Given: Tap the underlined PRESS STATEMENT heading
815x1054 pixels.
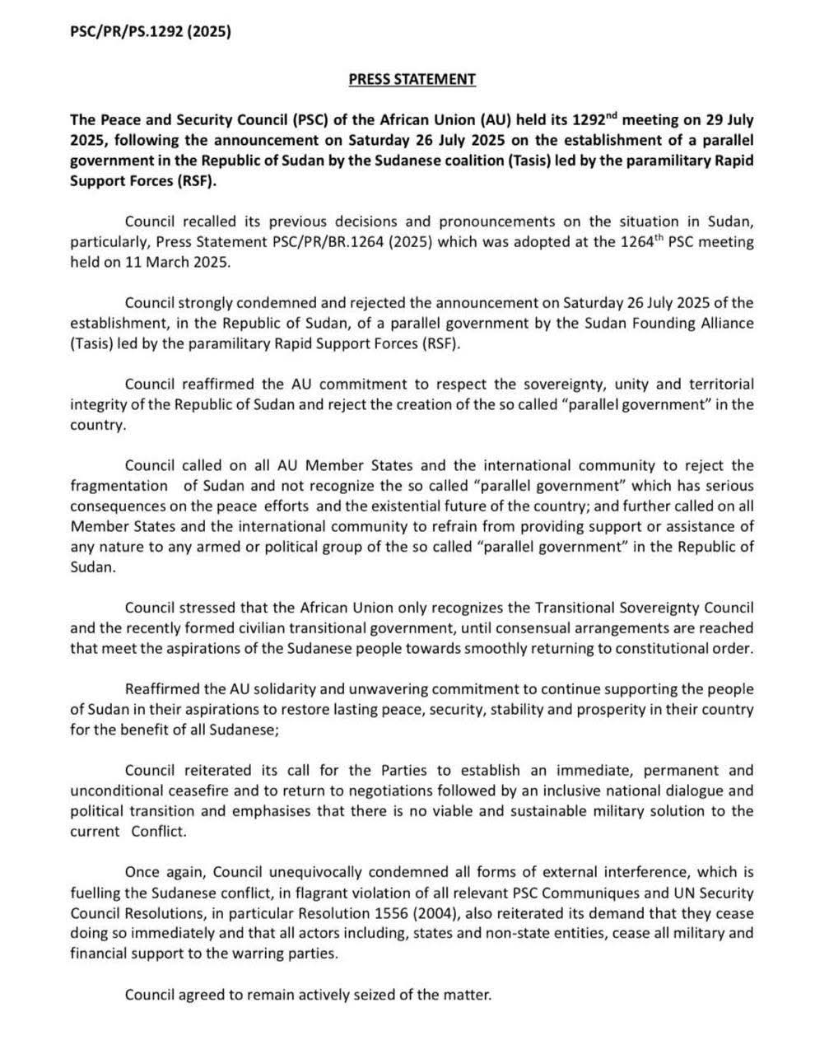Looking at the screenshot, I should click(x=412, y=79).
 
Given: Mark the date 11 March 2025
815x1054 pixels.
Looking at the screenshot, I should click(x=188, y=262).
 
